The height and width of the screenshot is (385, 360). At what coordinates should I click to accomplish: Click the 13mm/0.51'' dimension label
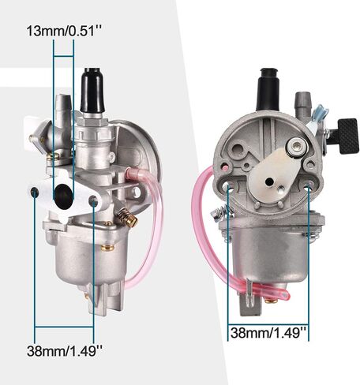[64, 31]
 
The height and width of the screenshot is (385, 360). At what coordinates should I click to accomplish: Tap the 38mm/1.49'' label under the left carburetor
[65, 350]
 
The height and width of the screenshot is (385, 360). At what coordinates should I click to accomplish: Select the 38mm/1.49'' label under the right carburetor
[268, 333]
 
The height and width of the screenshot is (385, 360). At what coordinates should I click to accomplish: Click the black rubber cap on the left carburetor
[92, 90]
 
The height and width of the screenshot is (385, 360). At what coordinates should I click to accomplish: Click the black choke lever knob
[348, 136]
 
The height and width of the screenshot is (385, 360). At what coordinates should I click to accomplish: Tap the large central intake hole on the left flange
[63, 196]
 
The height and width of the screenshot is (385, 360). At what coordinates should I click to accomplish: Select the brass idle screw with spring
[127, 217]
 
